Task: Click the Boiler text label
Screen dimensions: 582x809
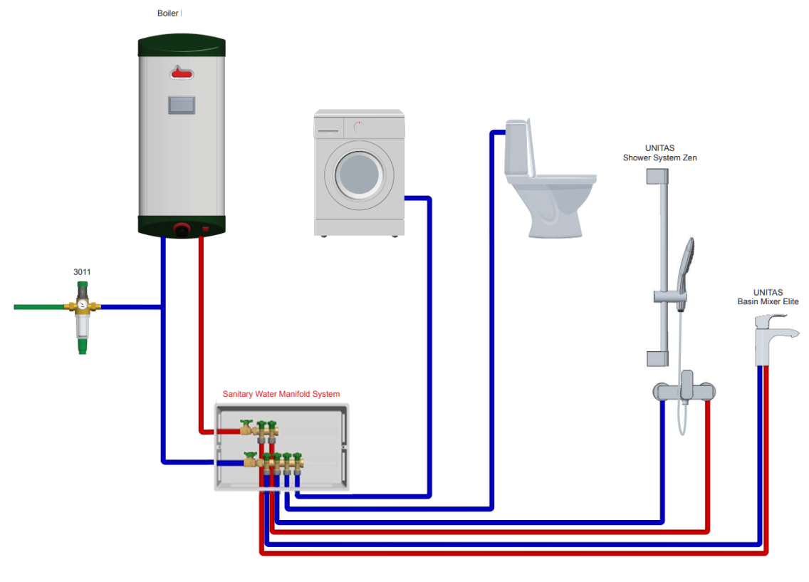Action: pyautogui.click(x=169, y=14)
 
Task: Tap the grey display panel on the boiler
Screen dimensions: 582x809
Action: pyautogui.click(x=181, y=105)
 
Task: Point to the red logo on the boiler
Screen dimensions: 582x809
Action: pyautogui.click(x=181, y=72)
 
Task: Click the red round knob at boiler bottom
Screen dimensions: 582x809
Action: pyautogui.click(x=182, y=230)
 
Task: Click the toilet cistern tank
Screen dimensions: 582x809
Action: pyautogui.click(x=518, y=148)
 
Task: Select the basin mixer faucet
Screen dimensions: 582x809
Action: pyautogui.click(x=771, y=338)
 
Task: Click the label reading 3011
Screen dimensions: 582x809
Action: pyautogui.click(x=82, y=272)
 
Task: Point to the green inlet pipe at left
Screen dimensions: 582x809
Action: pyautogui.click(x=39, y=307)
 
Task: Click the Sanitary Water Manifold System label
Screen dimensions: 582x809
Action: pyautogui.click(x=281, y=394)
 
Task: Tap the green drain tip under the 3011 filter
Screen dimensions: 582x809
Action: pyautogui.click(x=83, y=347)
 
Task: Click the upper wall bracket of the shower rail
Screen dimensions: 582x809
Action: pyautogui.click(x=656, y=176)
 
